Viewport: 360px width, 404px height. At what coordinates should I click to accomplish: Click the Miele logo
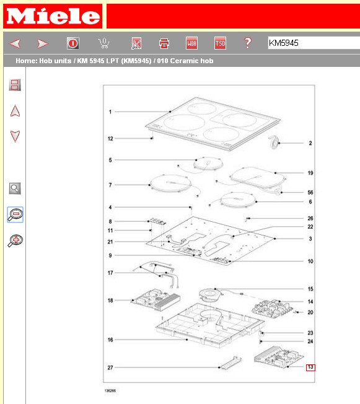click(x=53, y=16)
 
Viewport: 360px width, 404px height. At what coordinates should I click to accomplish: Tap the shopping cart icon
click(x=104, y=43)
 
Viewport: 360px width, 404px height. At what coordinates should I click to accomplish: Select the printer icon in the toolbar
click(x=164, y=43)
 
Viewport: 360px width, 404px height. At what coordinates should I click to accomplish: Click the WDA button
click(x=191, y=43)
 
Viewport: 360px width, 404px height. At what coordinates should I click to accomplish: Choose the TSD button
click(x=220, y=43)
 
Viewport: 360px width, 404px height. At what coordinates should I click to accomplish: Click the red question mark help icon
click(x=248, y=43)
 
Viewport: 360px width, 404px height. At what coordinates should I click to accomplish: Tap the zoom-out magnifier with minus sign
click(x=15, y=214)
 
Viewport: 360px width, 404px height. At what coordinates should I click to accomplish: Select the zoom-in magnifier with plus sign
click(x=15, y=240)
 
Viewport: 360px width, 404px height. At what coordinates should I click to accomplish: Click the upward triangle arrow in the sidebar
click(x=15, y=111)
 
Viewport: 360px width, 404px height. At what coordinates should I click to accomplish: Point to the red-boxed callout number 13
click(x=310, y=367)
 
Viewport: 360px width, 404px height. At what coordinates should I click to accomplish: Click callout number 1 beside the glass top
click(x=110, y=112)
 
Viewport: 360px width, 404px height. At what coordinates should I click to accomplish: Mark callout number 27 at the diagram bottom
click(x=110, y=367)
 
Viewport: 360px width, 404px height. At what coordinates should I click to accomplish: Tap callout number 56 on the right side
click(x=310, y=193)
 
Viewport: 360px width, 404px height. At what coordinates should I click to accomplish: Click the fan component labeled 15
click(x=211, y=294)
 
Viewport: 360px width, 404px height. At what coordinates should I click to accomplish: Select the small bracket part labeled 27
click(x=230, y=363)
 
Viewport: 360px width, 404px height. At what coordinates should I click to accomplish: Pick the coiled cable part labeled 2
click(x=274, y=143)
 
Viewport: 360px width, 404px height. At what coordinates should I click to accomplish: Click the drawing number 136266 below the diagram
click(x=110, y=390)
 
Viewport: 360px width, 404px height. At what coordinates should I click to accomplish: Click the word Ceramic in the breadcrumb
click(x=184, y=61)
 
